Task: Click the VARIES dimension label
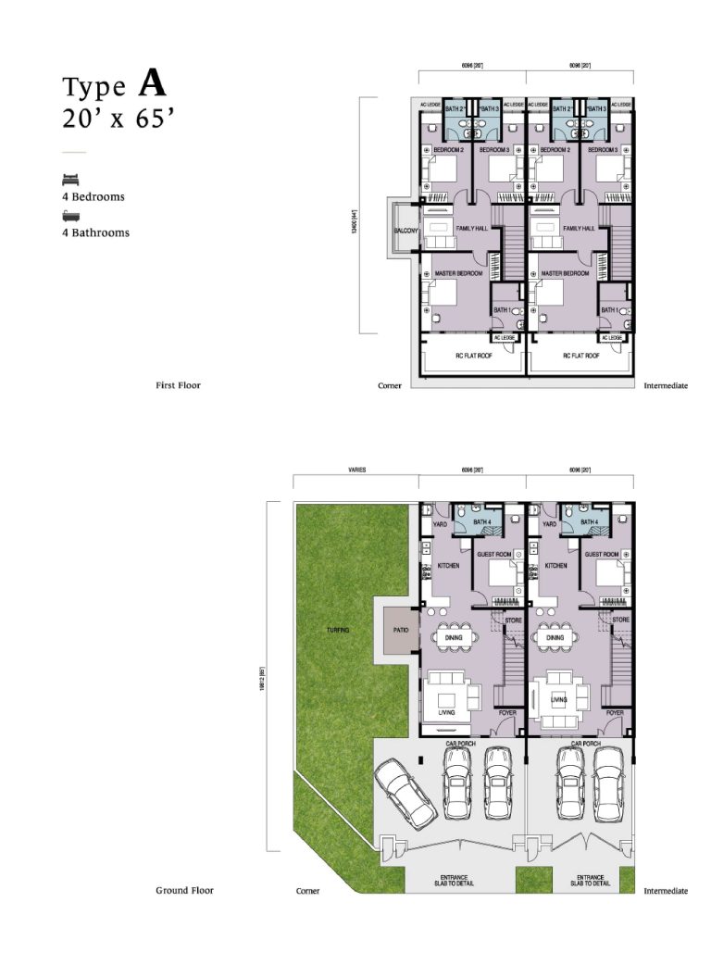point(355,470)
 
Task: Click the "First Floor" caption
point(178,385)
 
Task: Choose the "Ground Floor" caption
point(184,890)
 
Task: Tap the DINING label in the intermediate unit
point(555,637)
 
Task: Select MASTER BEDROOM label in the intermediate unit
point(565,274)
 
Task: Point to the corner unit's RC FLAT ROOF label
point(472,355)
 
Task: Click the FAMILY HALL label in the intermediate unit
point(579,228)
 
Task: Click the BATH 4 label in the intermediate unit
point(589,522)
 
